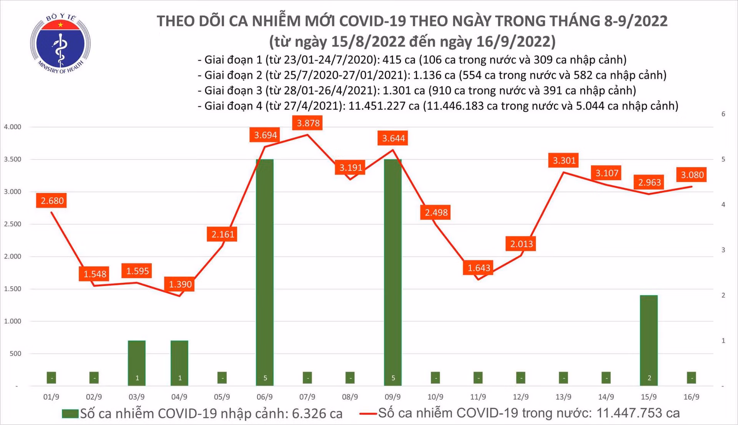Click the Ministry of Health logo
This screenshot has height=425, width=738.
tap(60, 43)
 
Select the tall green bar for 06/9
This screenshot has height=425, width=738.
tap(265, 272)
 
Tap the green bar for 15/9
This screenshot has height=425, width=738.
tap(649, 340)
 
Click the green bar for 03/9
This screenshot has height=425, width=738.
tap(137, 363)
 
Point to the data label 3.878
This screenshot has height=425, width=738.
tap(308, 123)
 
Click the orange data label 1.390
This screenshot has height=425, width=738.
tap(180, 284)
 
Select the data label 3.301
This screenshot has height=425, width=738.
tap(564, 160)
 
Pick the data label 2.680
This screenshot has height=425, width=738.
tap(52, 201)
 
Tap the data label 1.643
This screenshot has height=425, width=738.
tap(479, 268)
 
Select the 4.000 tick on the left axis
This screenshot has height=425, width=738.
tap(13, 127)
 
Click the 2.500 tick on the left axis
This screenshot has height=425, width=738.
tap(13, 224)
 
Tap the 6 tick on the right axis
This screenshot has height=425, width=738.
tap(723, 114)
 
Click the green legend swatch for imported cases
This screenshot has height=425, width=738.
tap(70, 413)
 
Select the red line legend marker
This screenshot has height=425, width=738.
tap(368, 414)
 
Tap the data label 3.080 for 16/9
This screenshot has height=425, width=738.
tap(692, 175)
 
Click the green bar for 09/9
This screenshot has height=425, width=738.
tap(393, 272)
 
